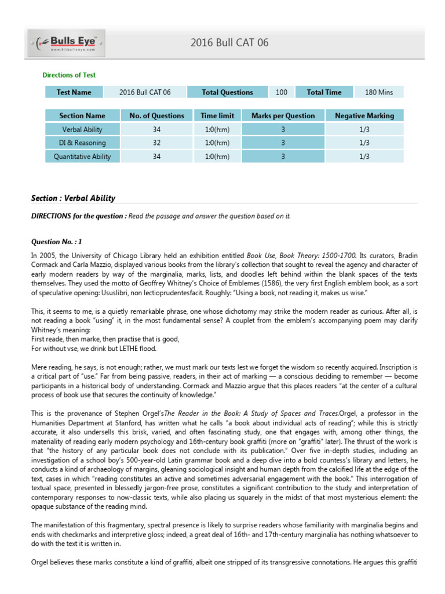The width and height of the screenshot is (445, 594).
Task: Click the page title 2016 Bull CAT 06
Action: (229, 43)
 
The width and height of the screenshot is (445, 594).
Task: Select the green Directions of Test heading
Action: (69, 75)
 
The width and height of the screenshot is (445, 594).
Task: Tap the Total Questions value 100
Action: (281, 92)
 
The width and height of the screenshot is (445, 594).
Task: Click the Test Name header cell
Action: (74, 92)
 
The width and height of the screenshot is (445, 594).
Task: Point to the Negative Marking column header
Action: (364, 116)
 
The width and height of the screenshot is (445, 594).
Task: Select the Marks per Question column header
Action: (283, 116)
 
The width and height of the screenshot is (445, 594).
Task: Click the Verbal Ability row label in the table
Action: (82, 129)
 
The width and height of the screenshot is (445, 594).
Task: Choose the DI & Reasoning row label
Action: (82, 143)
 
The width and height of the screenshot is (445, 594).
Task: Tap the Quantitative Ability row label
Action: (82, 156)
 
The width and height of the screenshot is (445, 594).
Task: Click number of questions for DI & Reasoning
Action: (156, 143)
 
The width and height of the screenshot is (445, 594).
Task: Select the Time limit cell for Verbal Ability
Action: (217, 129)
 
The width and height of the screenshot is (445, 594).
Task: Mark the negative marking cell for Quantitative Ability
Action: (364, 156)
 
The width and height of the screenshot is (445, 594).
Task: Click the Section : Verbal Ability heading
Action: (73, 198)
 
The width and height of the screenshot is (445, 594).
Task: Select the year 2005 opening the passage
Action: (48, 255)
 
